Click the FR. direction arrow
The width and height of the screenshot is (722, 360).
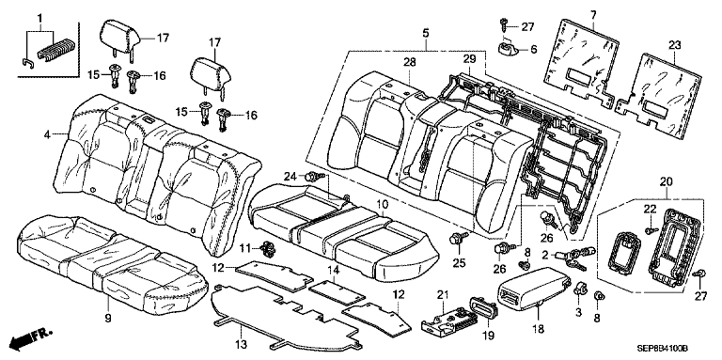[30, 339]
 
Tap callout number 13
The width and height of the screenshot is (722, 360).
[242, 344]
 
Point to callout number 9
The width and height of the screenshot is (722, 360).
[108, 319]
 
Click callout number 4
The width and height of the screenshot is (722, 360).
[47, 134]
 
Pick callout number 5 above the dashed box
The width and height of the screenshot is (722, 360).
[426, 33]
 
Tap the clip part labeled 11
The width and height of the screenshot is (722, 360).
[267, 249]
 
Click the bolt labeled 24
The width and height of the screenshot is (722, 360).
[315, 176]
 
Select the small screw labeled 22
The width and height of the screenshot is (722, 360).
[651, 229]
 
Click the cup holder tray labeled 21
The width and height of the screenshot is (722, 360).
[446, 319]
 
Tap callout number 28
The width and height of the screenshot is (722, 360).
[409, 62]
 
